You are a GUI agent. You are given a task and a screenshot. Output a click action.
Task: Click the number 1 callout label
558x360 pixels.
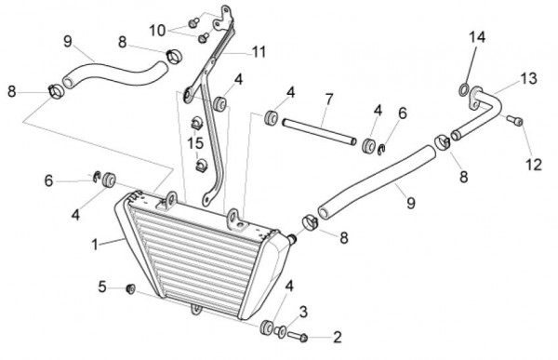pos(95,245)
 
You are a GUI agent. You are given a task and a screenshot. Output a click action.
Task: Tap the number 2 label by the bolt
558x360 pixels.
pos(337,337)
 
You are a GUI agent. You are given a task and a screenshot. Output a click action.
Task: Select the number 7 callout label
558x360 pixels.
pos(328,99)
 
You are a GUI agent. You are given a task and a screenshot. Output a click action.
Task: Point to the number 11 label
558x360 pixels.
pos(259,52)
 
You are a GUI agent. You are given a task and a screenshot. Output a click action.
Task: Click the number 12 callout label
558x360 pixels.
pos(534,165)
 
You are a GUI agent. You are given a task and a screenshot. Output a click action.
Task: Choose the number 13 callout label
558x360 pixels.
pos(528,79)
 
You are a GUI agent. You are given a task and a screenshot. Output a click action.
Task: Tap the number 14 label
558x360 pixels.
pos(477,37)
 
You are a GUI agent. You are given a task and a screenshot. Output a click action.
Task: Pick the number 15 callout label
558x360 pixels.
pos(195,143)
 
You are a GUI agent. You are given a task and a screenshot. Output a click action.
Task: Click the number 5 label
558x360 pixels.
pos(102,287)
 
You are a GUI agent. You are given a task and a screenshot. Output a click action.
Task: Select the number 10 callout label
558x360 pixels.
pos(157,31)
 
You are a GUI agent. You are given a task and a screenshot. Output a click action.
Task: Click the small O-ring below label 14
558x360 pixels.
pos(463,89)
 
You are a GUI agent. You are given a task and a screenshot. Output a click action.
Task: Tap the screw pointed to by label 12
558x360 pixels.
pos(514,120)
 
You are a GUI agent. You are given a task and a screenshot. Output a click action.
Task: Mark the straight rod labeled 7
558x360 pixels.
pos(319,132)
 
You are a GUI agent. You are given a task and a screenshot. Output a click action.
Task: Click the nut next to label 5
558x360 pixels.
pos(130,288)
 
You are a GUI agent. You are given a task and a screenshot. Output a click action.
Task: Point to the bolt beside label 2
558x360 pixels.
pos(298,336)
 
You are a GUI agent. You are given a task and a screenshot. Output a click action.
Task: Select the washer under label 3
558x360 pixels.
pos(280,331)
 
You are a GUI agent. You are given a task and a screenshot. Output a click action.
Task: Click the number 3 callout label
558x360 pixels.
pos(303,313)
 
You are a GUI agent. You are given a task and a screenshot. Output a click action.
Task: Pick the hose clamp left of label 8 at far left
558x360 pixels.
pos(56,91)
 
